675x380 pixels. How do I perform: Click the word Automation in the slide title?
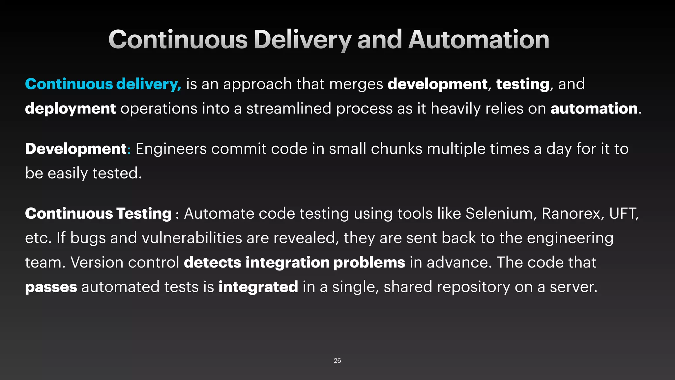(479, 40)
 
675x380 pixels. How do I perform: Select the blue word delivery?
(148, 84)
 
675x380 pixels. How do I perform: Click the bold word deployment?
(70, 109)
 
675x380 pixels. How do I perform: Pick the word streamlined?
(289, 109)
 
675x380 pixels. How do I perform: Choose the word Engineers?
(171, 149)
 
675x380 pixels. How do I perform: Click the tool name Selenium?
(499, 213)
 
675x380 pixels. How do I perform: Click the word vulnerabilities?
(192, 238)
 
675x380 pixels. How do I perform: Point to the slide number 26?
(337, 361)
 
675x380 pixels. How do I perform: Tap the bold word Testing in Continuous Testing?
(144, 214)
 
